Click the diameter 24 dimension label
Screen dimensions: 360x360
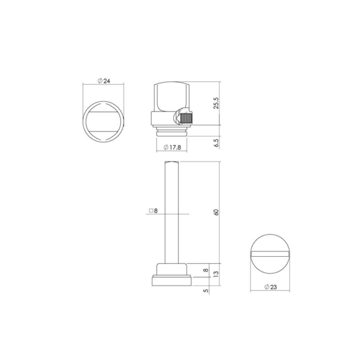point(104,81)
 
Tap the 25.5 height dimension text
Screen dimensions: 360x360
point(216,103)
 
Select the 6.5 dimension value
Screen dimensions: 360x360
point(216,143)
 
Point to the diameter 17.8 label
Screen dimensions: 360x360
point(172,148)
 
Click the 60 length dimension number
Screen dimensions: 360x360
point(216,212)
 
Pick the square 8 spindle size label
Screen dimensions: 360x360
point(154,211)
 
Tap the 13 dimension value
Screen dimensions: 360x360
point(216,274)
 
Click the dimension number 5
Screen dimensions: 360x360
point(206,290)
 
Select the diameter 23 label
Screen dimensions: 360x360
point(271,287)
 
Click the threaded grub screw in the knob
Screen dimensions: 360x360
point(186,118)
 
